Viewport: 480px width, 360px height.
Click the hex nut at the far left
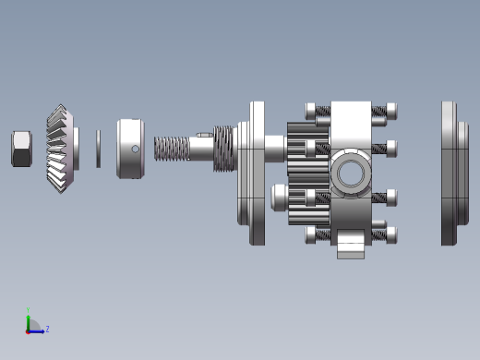21,149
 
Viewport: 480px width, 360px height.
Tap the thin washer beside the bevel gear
99,149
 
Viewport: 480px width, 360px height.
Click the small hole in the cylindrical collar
135,149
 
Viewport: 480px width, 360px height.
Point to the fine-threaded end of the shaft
171,149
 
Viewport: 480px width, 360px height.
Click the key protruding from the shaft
204,136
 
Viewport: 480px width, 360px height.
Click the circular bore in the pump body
351,173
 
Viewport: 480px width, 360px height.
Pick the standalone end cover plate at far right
450,173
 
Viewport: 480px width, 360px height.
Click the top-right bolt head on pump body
391,111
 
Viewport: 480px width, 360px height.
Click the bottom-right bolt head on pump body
391,234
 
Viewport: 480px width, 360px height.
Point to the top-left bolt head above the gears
310,111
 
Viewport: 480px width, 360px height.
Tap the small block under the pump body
351,246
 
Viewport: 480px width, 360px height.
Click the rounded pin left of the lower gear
278,197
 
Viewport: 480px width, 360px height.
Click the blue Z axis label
47,329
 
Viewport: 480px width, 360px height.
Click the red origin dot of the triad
29,330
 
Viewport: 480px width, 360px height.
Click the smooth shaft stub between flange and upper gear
274,147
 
